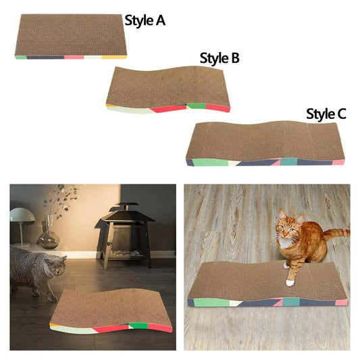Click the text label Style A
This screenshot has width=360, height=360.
pos(145,20)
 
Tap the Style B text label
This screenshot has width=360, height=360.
pos(219,58)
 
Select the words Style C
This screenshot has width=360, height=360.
pos(326,113)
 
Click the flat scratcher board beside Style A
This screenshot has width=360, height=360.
pos(71,35)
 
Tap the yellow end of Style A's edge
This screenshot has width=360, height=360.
pos(113,57)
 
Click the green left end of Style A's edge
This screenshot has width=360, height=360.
pos(20,57)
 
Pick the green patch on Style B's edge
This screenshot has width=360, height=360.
pos(196,105)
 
